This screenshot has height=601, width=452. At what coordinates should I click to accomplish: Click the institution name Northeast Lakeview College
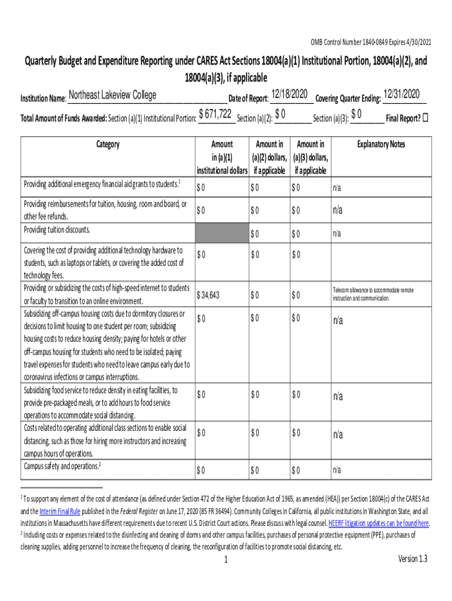tap(113, 96)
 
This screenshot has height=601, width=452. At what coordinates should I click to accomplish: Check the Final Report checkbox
tap(426, 117)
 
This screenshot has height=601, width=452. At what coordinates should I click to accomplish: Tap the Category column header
tap(107, 144)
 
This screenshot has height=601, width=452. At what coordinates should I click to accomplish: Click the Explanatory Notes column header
tap(380, 144)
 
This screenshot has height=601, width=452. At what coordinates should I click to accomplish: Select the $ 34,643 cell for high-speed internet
tap(208, 295)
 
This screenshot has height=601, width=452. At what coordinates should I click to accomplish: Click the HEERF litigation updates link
tap(378, 523)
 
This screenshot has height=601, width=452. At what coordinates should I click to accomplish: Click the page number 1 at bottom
tap(225, 560)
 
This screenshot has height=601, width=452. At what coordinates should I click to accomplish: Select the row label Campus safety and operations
tap(62, 466)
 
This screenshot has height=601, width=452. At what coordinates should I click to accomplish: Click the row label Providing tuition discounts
tap(57, 229)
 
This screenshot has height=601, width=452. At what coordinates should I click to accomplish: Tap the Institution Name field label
tap(43, 98)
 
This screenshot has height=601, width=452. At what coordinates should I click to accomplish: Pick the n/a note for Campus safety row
tap(336, 470)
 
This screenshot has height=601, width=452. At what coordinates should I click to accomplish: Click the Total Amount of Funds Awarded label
tap(63, 118)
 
